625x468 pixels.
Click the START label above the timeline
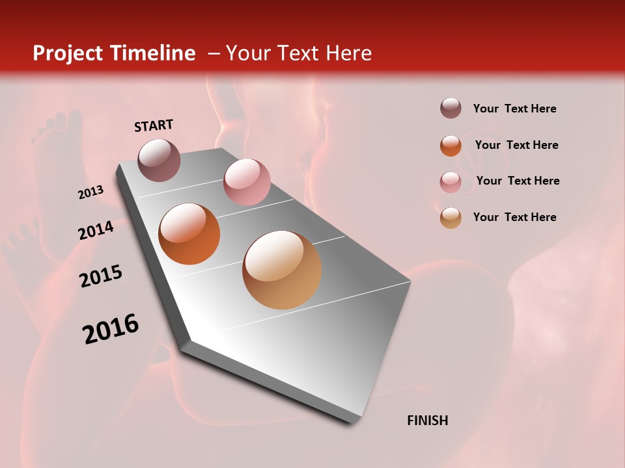tap(154, 125)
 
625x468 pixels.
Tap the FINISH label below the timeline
tap(427, 421)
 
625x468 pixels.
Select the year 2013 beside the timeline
tap(91, 192)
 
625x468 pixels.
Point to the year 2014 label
tap(96, 230)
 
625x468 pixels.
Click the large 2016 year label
tap(111, 329)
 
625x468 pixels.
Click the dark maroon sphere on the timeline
tap(159, 160)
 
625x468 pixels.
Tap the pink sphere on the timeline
tap(247, 182)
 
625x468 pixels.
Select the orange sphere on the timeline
tap(189, 234)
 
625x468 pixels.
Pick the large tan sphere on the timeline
tap(282, 270)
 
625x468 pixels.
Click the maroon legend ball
tap(451, 109)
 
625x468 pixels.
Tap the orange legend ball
tap(451, 145)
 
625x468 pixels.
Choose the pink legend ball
tap(451, 181)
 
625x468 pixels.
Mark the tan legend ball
tap(451, 218)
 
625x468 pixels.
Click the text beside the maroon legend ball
tap(514, 109)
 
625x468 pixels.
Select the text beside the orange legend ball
tap(516, 145)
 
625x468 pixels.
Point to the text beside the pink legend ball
tap(518, 181)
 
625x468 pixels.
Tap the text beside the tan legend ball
tap(514, 217)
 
